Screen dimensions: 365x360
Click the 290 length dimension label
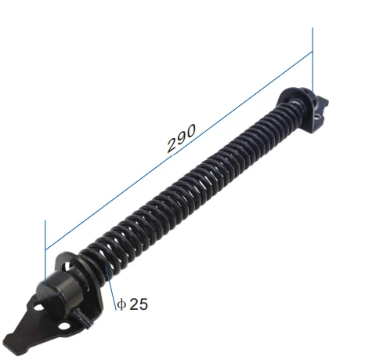pyautogui.click(x=181, y=138)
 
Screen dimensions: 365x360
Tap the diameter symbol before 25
pyautogui.click(x=121, y=304)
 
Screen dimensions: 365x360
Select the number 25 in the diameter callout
pyautogui.click(x=139, y=304)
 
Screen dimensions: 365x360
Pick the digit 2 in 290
pyautogui.click(x=172, y=145)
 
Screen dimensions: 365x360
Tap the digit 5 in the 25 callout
pyautogui.click(x=143, y=304)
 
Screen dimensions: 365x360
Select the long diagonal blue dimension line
pyautogui.click(x=179, y=151)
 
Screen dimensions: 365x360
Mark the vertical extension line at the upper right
pyautogui.click(x=313, y=60)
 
